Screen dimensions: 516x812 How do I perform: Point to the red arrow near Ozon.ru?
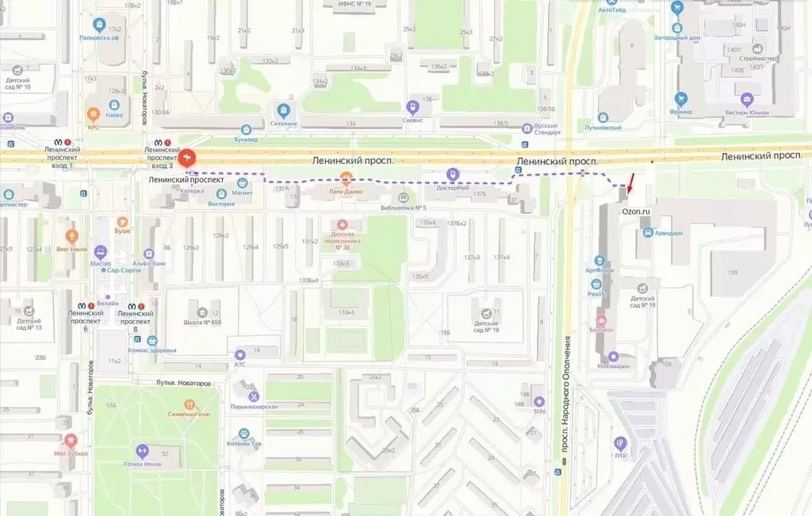point(630,185)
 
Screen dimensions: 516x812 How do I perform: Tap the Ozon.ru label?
point(636,212)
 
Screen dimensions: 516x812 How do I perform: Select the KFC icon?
point(94,114)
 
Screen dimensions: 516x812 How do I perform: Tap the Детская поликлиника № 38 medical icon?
point(343,225)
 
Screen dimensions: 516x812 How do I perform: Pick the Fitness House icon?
point(142,450)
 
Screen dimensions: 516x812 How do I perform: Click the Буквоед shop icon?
point(247,128)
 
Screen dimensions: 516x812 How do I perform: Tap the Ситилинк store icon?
point(283,109)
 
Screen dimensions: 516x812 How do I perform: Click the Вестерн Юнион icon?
point(746,99)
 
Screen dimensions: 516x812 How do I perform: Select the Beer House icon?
point(71,235)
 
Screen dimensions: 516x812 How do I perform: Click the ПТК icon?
point(620,443)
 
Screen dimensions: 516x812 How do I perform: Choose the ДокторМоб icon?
point(452,174)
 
